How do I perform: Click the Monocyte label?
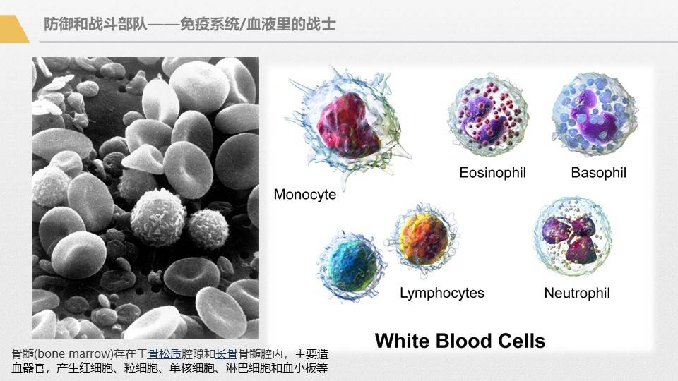pos(304,194)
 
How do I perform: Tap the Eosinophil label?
pos(492,172)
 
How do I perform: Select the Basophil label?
pos(598,172)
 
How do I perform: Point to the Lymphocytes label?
pos(441,292)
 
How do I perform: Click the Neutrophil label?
pos(576,292)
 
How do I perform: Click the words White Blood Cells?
pos(460,341)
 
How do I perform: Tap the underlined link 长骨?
pos(226,355)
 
